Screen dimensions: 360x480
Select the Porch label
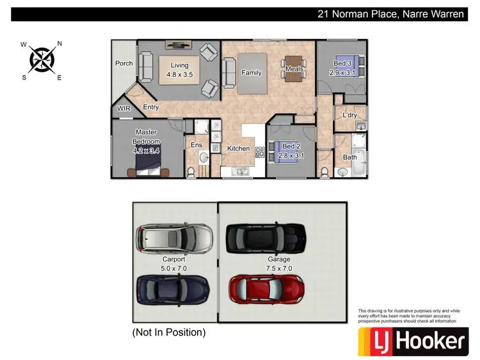click(124, 63)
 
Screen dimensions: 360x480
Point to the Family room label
click(251, 73)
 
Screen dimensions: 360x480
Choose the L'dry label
click(349, 115)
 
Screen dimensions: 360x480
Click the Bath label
click(349, 157)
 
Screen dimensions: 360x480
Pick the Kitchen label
click(239, 148)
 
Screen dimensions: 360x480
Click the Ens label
click(196, 145)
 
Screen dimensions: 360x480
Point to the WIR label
click(124, 109)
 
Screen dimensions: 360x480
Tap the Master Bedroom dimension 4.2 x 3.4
click(146, 151)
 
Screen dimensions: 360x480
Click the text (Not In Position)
click(169, 333)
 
